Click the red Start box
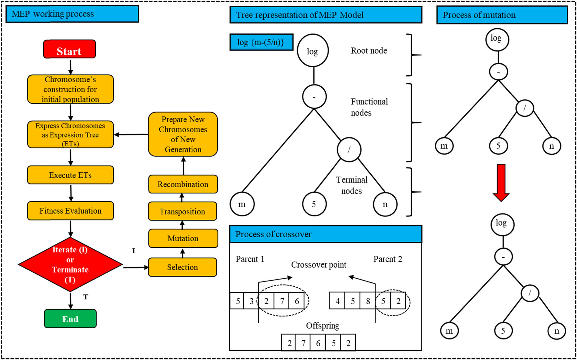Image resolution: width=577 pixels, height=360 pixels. [x=69, y=49]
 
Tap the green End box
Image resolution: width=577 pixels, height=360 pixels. [x=70, y=318]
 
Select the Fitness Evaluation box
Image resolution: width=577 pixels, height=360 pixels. [x=70, y=211]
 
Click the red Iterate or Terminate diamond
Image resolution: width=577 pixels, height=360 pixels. [x=70, y=264]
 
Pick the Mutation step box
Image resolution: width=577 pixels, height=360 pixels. [x=183, y=238]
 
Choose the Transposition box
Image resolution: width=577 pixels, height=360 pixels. [x=182, y=211]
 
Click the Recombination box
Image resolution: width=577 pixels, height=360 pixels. [x=183, y=184]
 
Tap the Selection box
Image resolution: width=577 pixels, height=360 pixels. [x=182, y=267]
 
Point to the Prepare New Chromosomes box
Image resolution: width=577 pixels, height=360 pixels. [x=183, y=134]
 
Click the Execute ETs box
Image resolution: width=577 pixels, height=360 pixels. [x=70, y=175]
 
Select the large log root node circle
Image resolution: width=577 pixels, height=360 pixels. [x=312, y=51]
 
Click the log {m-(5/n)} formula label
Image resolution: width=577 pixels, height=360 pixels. [x=261, y=42]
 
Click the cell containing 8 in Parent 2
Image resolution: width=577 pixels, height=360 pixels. [x=368, y=301]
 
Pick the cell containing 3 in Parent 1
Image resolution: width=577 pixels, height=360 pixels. [x=251, y=301]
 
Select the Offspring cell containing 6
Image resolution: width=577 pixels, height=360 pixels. [x=318, y=343]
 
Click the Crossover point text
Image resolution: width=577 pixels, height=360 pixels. [x=319, y=264]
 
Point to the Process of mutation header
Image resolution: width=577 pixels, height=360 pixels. [x=502, y=15]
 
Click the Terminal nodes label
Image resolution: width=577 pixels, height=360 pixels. [x=351, y=185]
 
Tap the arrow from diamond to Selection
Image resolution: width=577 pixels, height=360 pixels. [x=136, y=267]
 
